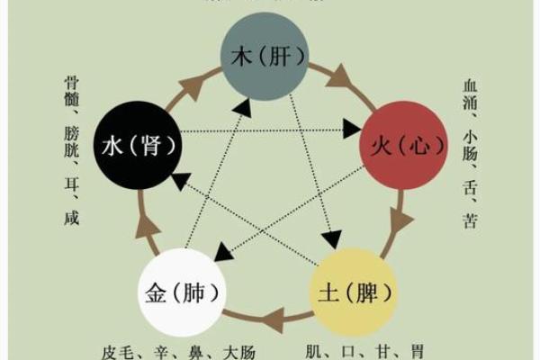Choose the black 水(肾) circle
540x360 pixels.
[x=138, y=143]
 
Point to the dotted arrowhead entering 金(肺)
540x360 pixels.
[x=218, y=256]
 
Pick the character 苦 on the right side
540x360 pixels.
[x=469, y=218]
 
